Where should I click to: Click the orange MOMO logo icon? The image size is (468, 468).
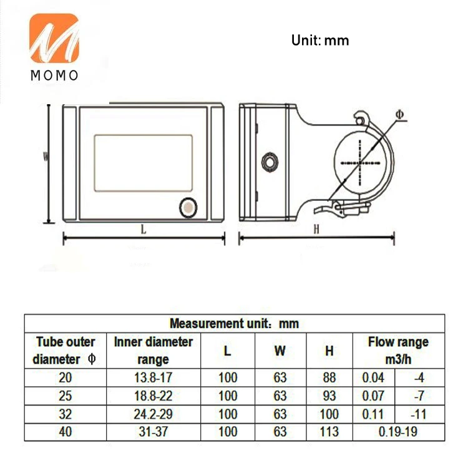click(x=54, y=38)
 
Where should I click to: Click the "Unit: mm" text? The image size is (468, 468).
click(x=320, y=41)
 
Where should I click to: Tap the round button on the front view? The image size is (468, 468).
click(x=188, y=208)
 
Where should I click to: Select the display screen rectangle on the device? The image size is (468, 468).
click(x=144, y=163)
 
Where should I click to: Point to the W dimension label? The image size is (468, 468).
click(x=46, y=157)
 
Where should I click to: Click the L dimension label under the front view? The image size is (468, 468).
click(x=144, y=230)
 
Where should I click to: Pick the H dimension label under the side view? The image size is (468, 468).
click(x=316, y=229)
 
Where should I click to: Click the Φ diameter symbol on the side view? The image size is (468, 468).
click(x=399, y=114)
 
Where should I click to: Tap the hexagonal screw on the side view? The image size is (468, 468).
click(x=270, y=162)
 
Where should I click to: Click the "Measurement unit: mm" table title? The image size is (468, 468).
click(x=234, y=323)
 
